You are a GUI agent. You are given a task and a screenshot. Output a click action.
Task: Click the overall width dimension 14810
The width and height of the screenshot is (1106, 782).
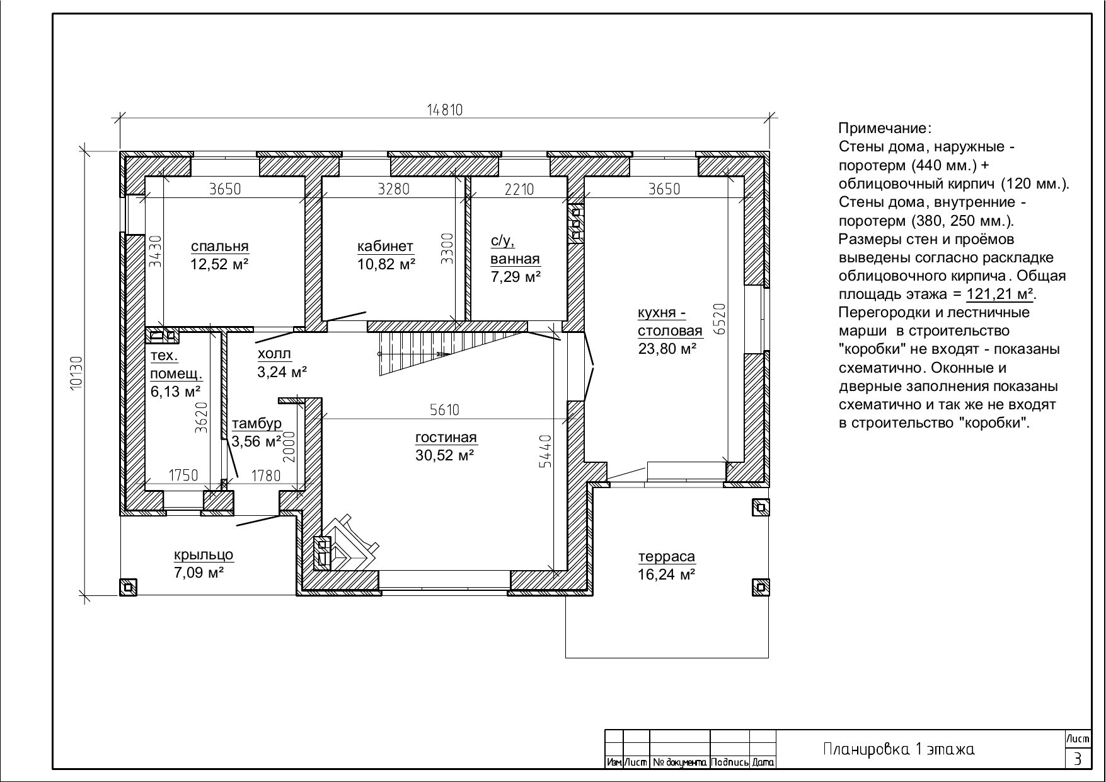(445, 110)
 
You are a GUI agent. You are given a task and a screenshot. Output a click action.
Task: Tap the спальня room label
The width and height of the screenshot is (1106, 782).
(220, 246)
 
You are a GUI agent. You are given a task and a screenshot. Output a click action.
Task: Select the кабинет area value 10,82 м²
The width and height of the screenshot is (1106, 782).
(386, 264)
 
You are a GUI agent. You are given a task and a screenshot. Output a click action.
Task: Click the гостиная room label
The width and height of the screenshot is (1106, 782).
(446, 437)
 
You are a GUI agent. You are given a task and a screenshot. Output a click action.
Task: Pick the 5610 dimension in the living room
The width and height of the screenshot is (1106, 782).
(444, 410)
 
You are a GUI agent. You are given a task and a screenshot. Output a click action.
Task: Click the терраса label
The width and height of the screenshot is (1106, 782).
(667, 556)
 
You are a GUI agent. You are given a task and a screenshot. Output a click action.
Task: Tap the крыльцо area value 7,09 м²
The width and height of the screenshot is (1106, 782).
(199, 573)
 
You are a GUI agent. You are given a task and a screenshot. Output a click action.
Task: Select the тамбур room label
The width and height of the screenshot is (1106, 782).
(256, 423)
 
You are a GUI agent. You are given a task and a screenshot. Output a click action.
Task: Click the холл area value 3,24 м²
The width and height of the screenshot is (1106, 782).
(282, 371)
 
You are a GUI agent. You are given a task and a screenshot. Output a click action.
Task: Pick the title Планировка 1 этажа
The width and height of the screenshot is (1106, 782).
(899, 749)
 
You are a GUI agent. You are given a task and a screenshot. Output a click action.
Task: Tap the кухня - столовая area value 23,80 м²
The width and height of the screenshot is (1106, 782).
(667, 348)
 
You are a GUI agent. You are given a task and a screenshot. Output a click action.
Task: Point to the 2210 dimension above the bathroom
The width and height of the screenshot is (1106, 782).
(519, 189)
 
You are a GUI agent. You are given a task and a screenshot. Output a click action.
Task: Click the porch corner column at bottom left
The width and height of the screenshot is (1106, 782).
(129, 587)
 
